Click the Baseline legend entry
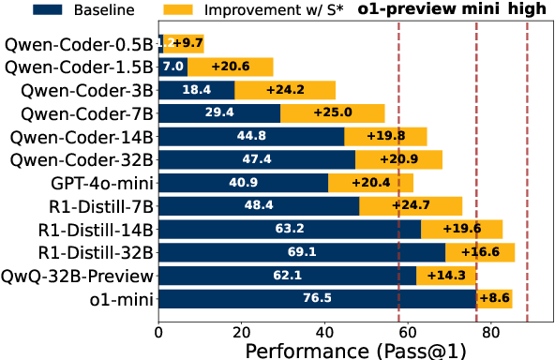pos(65,10)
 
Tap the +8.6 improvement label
pos(495,299)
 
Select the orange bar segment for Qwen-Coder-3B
pos(285,90)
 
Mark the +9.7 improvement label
pos(185,44)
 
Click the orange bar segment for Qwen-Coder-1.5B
pos(230,67)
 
